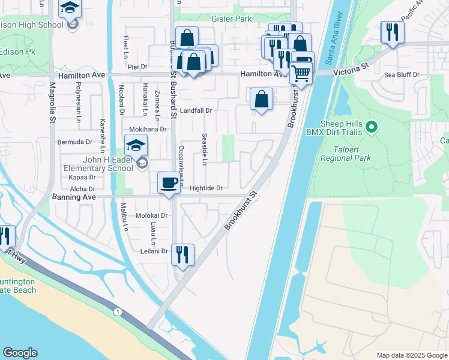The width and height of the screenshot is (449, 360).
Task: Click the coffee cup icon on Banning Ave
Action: [x=169, y=182]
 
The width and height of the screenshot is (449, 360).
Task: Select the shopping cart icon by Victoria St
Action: [x=301, y=73]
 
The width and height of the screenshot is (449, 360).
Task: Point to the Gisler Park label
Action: [x=232, y=19]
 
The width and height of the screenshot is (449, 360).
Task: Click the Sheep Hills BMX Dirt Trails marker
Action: [x=372, y=127]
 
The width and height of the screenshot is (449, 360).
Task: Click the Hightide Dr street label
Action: [x=206, y=188]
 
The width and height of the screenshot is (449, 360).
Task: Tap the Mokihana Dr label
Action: [x=148, y=129]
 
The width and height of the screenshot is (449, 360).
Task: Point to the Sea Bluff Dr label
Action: [x=402, y=75]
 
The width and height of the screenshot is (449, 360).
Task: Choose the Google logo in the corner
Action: [x=20, y=353]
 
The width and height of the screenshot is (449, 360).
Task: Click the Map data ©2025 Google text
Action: [x=412, y=355]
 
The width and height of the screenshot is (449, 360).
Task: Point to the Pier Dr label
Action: [x=137, y=67]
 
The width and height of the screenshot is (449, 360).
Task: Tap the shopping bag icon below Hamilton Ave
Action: [x=262, y=100]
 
